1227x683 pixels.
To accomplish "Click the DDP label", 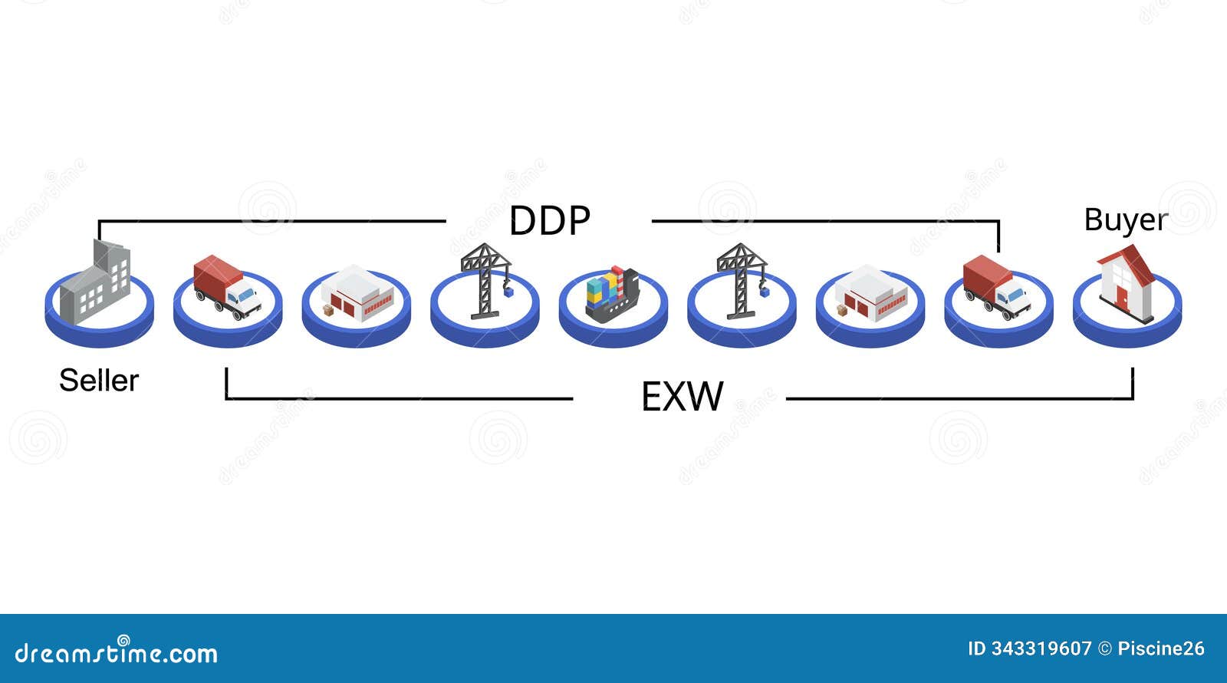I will click(x=549, y=221).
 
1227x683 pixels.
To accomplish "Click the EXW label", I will click(x=682, y=397).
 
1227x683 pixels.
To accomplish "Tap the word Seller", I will click(x=99, y=381).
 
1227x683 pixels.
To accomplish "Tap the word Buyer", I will click(x=1125, y=219).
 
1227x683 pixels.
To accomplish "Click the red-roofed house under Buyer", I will click(x=1126, y=285).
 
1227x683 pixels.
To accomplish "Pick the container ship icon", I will click(x=611, y=293).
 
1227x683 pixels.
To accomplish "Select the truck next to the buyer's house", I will click(x=996, y=286).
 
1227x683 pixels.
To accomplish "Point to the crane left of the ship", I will click(x=484, y=280).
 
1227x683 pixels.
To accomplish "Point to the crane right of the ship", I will click(x=740, y=280).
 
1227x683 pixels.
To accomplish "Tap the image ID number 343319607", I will click(x=1041, y=649).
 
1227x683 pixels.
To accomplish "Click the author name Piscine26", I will click(x=1160, y=649).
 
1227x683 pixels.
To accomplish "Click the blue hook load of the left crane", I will click(x=508, y=292).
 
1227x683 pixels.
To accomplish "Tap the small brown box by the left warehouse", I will click(x=329, y=310).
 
